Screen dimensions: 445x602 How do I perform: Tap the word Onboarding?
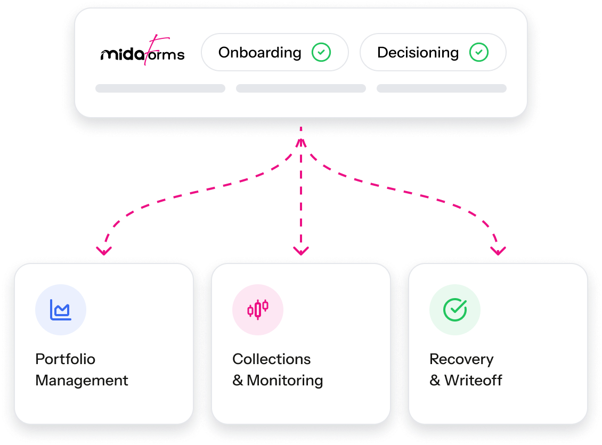pyautogui.click(x=259, y=53)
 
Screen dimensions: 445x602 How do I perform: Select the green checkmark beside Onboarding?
pyautogui.click(x=321, y=53)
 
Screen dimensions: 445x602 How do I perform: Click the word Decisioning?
pyautogui.click(x=418, y=53)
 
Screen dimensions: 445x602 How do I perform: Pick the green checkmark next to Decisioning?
pyautogui.click(x=479, y=53)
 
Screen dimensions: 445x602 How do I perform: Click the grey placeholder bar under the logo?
pyautogui.click(x=160, y=88)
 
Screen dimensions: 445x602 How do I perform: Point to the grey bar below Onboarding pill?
pyautogui.click(x=300, y=88)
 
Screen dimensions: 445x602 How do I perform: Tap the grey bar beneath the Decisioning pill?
pyautogui.click(x=441, y=88)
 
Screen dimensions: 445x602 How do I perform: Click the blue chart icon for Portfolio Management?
pyautogui.click(x=61, y=310)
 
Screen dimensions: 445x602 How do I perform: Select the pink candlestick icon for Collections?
pyautogui.click(x=258, y=310)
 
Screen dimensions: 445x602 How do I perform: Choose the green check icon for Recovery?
pyautogui.click(x=455, y=310)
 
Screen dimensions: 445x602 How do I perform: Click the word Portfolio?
pyautogui.click(x=65, y=359)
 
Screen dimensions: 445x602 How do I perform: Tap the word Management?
pyautogui.click(x=82, y=381)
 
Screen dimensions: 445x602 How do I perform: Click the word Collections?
pyautogui.click(x=271, y=359)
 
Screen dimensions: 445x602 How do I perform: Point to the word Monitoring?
pyautogui.click(x=284, y=381)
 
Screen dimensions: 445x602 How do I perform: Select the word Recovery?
pyautogui.click(x=461, y=359)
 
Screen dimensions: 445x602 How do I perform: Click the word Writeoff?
pyautogui.click(x=473, y=381)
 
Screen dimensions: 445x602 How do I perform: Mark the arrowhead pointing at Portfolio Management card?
pyautogui.click(x=104, y=250)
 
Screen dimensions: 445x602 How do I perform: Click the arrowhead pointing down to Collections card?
pyautogui.click(x=301, y=250)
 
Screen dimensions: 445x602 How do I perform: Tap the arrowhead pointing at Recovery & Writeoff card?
pyautogui.click(x=498, y=250)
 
